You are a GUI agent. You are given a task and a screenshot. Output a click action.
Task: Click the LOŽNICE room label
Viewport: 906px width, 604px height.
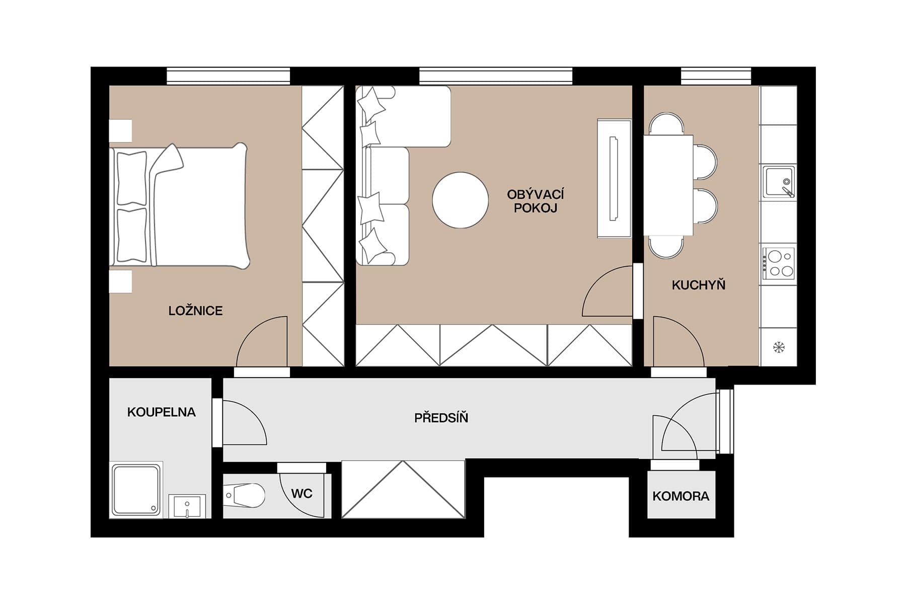coord(195,311)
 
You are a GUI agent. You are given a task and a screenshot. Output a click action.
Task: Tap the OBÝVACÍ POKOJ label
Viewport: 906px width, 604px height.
coord(535,201)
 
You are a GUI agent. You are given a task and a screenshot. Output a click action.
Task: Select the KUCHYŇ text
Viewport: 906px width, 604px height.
coord(698,285)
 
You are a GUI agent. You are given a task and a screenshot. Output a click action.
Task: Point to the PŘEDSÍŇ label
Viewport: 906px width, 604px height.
coord(441,418)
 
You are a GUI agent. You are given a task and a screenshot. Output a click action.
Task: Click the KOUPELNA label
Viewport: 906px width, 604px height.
coord(161,412)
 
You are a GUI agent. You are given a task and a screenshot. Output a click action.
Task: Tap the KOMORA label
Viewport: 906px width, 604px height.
coord(681,496)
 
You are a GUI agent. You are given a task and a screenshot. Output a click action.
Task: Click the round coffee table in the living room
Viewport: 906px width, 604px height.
coord(460,200)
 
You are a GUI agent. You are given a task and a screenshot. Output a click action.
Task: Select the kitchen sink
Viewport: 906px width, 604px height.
coord(778,182)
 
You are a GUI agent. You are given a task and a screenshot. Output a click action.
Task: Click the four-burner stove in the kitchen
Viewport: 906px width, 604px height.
coord(779,263)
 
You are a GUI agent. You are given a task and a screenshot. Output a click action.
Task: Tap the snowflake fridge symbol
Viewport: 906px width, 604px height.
coord(779,347)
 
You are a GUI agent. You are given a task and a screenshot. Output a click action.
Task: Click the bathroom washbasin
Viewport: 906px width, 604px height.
coord(187,505)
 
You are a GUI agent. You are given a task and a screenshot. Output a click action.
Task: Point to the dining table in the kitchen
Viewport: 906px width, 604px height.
coord(668,185)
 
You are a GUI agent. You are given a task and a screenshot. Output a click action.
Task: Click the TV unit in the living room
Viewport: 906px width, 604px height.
coord(614,178)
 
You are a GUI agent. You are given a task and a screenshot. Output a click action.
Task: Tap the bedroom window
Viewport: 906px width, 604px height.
coord(229,76)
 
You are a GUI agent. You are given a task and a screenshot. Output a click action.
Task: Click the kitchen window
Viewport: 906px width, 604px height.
coord(716,76)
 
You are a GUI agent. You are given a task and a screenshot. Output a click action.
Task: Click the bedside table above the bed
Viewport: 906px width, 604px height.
coord(121,130)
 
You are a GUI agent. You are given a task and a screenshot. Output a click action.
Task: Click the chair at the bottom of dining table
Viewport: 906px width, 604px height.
coord(666,248)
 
